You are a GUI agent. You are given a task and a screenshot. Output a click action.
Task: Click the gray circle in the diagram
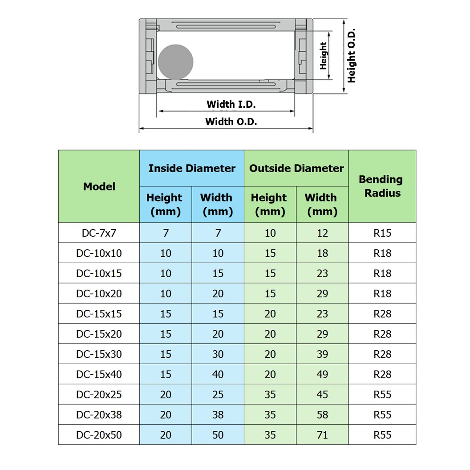pyautogui.click(x=176, y=61)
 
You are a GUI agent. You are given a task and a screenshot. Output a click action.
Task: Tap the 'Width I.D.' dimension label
pyautogui.click(x=231, y=105)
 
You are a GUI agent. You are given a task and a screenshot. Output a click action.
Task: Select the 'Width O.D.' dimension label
pyautogui.click(x=231, y=122)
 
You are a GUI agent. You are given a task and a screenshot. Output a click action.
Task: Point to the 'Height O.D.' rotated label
pyautogui.click(x=352, y=56)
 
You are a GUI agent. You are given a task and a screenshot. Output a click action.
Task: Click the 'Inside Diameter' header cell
pyautogui.click(x=192, y=168)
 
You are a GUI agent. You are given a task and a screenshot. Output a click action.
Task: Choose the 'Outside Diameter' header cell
pyautogui.click(x=296, y=168)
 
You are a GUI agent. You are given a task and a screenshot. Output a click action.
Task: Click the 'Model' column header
pyautogui.click(x=99, y=186)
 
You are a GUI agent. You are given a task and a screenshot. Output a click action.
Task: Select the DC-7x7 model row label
pyautogui.click(x=99, y=233)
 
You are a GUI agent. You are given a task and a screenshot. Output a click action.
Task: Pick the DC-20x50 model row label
pyautogui.click(x=99, y=435)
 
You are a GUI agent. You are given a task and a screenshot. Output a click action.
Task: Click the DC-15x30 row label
pyautogui.click(x=99, y=354)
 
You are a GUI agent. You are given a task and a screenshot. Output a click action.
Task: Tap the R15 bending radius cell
pyautogui.click(x=382, y=233)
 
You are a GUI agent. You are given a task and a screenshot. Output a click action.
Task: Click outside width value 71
pyautogui.click(x=322, y=435)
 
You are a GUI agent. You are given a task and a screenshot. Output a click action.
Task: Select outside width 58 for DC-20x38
pyautogui.click(x=322, y=415)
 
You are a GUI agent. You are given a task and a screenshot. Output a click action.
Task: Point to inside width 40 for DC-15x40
pyautogui.click(x=218, y=374)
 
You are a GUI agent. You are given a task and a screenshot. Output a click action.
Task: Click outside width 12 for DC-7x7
pyautogui.click(x=322, y=233)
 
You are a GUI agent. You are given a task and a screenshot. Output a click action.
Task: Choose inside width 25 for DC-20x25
pyautogui.click(x=218, y=395)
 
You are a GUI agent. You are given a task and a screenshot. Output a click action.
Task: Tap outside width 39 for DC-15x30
pyautogui.click(x=322, y=354)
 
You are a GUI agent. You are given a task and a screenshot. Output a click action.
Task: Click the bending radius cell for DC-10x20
pyautogui.click(x=382, y=294)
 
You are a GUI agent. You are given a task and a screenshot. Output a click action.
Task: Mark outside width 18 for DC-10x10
pyautogui.click(x=322, y=253)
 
